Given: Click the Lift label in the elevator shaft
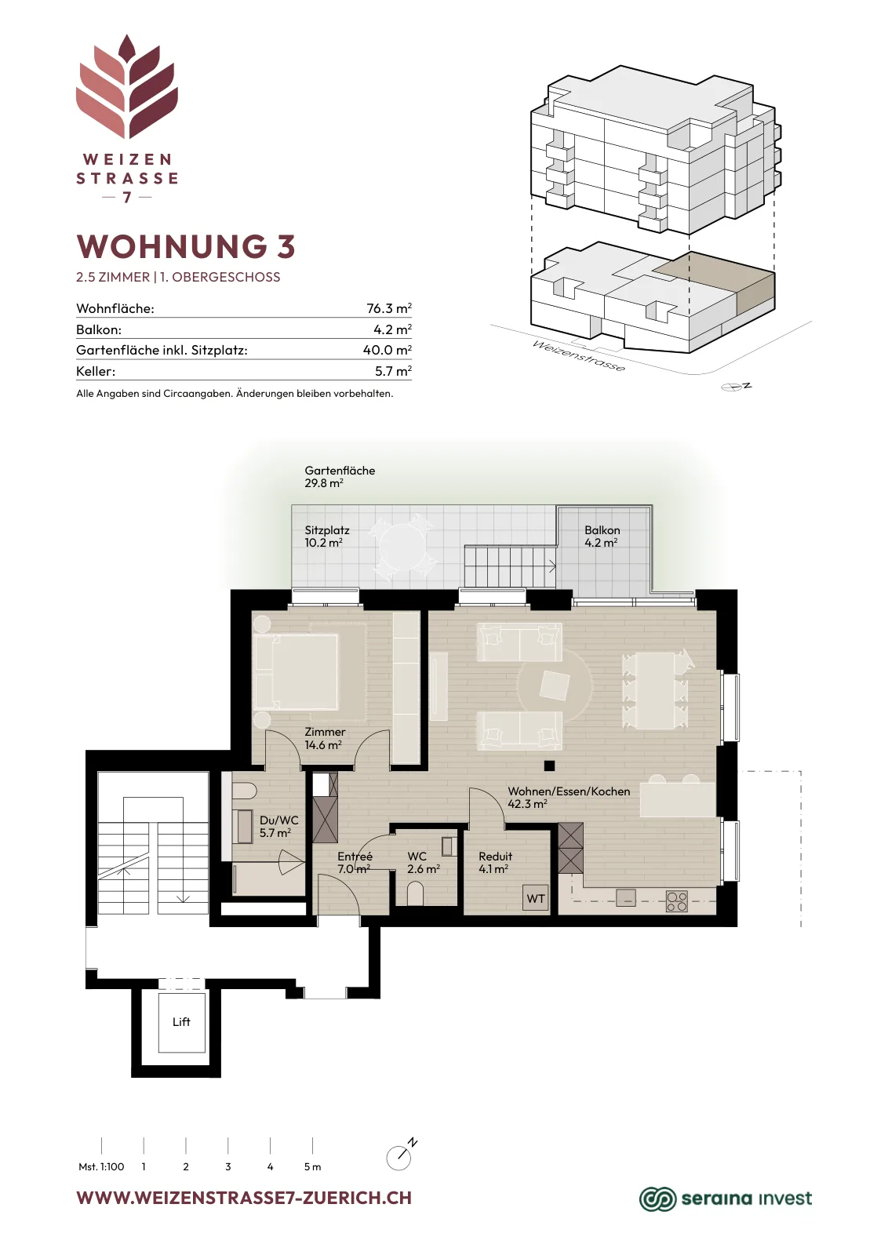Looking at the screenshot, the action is (x=181, y=1021).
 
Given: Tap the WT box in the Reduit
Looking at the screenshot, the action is (x=536, y=898).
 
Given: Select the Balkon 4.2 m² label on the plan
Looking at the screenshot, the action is (x=602, y=537).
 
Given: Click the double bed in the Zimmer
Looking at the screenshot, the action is (x=296, y=671).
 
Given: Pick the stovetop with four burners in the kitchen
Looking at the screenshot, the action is (x=677, y=901).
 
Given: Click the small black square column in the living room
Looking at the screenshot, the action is (x=550, y=766).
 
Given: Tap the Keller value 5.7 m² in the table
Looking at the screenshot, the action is (x=393, y=371).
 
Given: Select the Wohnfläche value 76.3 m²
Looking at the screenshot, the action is (x=389, y=308).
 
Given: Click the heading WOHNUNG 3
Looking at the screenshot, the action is (x=186, y=246).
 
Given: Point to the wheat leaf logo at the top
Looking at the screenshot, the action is (x=127, y=86).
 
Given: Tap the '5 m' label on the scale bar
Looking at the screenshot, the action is (x=313, y=1166).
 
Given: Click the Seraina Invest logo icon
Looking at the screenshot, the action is (x=657, y=1199).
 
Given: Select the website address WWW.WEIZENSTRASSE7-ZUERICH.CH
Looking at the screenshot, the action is (x=244, y=1198).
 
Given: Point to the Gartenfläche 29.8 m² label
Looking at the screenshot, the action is (x=340, y=476).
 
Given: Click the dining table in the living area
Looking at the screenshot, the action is (x=656, y=690).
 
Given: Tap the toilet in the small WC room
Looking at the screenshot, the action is (x=416, y=893).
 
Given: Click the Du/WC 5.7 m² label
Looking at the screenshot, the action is (x=278, y=827).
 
